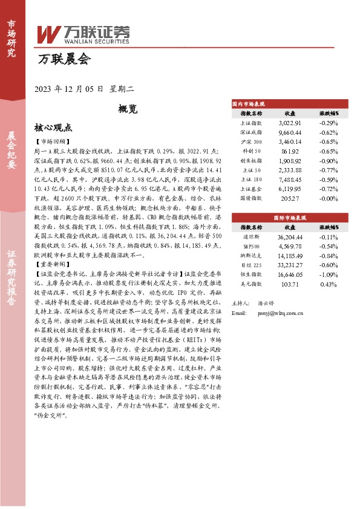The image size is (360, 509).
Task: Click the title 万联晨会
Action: coord(64,59)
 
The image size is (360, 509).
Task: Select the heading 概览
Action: coord(128,109)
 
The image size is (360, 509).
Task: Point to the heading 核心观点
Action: coord(53,128)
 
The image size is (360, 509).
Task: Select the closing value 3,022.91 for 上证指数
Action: coord(290,123)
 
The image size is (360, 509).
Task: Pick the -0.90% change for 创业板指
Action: coord(329,162)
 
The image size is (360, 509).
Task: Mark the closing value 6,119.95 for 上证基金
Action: coord(290,189)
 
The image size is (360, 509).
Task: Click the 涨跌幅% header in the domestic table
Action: coord(329,113)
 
